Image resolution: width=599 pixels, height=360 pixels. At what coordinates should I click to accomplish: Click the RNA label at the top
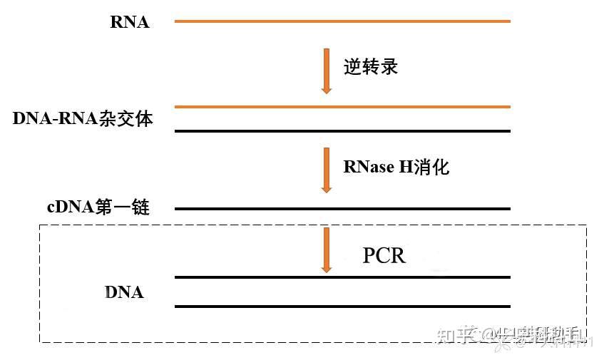click(130, 22)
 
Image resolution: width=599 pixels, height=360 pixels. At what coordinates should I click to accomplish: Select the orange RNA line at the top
click(342, 21)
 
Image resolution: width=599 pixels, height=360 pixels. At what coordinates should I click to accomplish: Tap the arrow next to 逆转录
click(327, 71)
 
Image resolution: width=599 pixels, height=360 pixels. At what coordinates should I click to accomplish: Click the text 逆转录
click(370, 67)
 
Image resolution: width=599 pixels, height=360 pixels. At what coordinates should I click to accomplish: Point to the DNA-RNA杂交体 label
click(83, 118)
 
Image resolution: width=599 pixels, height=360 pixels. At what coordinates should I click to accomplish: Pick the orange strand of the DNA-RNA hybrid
click(342, 107)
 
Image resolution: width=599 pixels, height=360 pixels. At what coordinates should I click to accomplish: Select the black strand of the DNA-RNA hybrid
click(342, 131)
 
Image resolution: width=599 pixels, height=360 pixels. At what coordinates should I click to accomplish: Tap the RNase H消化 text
click(396, 167)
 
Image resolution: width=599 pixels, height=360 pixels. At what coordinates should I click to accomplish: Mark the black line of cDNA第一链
click(342, 209)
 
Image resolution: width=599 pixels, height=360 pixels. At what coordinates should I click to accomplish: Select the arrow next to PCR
click(327, 250)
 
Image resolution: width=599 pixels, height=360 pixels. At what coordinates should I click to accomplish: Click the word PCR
click(384, 254)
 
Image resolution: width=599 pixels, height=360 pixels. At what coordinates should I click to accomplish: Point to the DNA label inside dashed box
click(124, 292)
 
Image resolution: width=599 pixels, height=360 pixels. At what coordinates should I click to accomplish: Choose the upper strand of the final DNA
click(342, 277)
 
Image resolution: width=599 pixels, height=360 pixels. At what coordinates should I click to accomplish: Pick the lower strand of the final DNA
click(342, 307)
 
